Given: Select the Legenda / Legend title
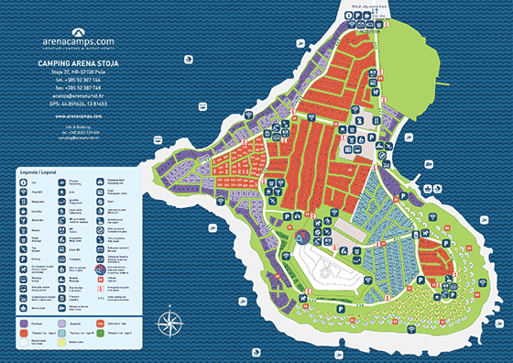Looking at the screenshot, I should click(38, 170).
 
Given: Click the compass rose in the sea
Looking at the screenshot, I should click(169, 322).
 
